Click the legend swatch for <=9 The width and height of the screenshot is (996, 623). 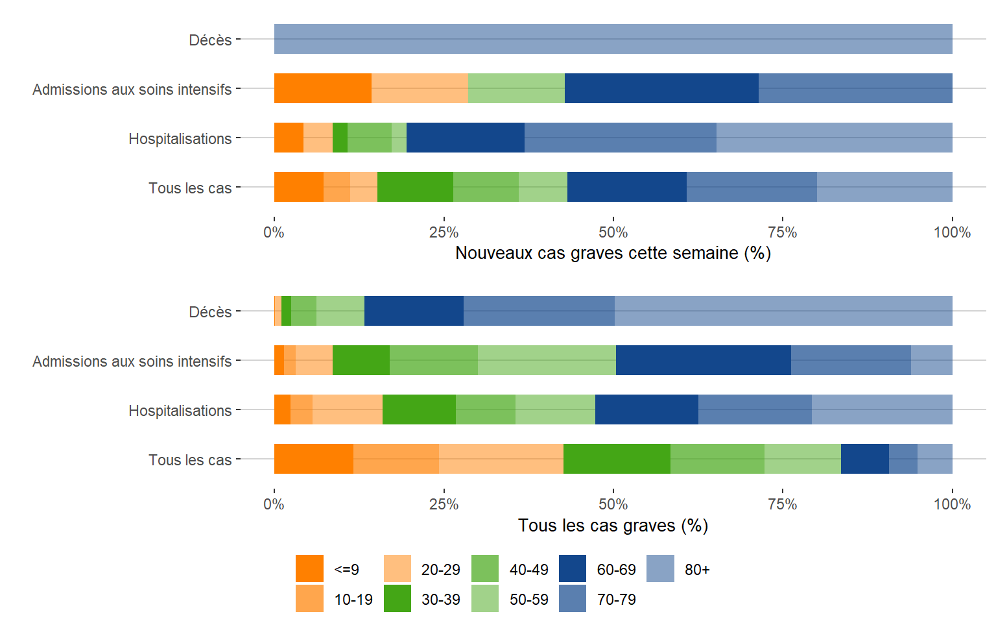click(309, 568)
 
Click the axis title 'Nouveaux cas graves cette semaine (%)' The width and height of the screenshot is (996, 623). click(613, 253)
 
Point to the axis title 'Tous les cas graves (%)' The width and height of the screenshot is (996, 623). click(613, 526)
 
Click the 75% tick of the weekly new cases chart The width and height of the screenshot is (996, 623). click(783, 232)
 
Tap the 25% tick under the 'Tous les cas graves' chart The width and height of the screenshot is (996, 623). click(444, 504)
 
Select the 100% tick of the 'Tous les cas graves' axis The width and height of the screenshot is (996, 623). click(952, 504)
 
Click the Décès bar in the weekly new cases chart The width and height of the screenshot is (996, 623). click(613, 39)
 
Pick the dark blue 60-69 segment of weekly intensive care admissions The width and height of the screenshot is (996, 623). click(661, 88)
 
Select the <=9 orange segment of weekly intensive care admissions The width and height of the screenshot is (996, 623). click(322, 88)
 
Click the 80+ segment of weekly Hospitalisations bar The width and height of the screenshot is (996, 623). click(834, 138)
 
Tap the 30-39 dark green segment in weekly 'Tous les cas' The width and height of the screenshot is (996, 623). click(415, 187)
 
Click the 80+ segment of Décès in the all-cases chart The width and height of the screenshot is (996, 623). click(783, 311)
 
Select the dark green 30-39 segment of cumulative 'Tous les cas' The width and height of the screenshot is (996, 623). click(617, 459)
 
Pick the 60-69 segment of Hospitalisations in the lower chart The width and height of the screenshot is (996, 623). click(646, 409)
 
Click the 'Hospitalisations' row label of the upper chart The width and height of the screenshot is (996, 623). click(180, 139)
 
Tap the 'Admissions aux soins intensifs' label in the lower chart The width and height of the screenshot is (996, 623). click(132, 361)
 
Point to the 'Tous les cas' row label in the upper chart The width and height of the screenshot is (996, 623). click(189, 188)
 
